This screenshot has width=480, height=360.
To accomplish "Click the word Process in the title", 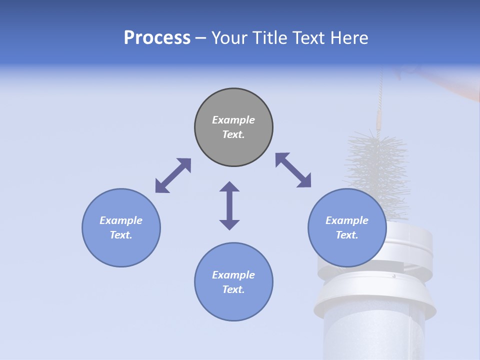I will click(x=157, y=38).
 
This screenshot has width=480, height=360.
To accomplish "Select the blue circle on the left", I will click(x=121, y=250).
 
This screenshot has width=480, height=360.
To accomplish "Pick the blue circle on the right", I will click(x=347, y=250).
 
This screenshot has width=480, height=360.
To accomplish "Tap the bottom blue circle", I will click(x=233, y=305).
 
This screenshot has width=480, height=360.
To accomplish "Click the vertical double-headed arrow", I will click(x=229, y=205).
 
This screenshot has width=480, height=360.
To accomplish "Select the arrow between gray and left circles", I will click(x=173, y=175).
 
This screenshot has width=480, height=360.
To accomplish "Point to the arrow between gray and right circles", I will click(x=293, y=170).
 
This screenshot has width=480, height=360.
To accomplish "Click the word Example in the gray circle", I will click(x=233, y=120).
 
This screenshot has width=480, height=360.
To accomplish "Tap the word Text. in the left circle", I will click(x=121, y=235).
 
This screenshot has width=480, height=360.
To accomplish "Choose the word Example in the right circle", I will click(x=347, y=220).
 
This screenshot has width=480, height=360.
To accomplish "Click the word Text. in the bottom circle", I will click(x=233, y=289).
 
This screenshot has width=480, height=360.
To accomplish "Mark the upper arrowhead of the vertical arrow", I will click(x=229, y=187).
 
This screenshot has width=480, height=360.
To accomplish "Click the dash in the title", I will click(x=201, y=38).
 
